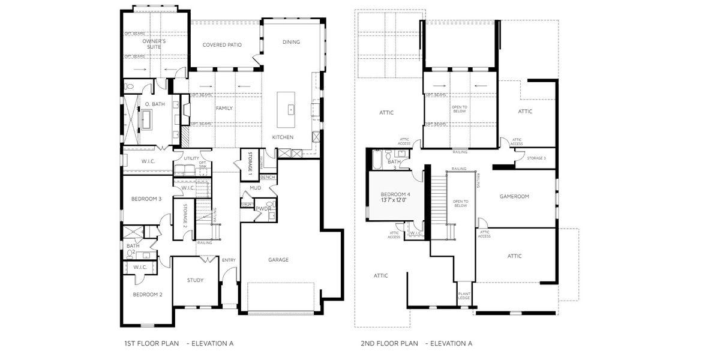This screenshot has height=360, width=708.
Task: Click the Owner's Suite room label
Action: [154, 43]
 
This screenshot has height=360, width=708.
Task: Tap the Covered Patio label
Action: [221, 45]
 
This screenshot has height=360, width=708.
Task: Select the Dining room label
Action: [291, 42]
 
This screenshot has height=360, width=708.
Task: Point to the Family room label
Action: [224, 108]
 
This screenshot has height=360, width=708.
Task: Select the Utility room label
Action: [191, 158]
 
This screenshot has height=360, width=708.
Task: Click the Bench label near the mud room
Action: [268, 178]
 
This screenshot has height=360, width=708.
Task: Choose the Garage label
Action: [278, 260]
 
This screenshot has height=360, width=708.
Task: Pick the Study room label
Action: [195, 280]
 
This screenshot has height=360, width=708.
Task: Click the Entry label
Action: [229, 260]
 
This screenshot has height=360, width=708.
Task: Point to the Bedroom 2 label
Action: [148, 295]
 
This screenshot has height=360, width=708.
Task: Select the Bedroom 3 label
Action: [147, 199]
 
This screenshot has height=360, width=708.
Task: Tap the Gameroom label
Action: [514, 196]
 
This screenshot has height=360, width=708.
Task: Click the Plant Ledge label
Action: [464, 296]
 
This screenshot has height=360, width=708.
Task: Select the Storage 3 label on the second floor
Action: [536, 158]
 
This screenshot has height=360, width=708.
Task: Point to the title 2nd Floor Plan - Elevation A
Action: [416, 344]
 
